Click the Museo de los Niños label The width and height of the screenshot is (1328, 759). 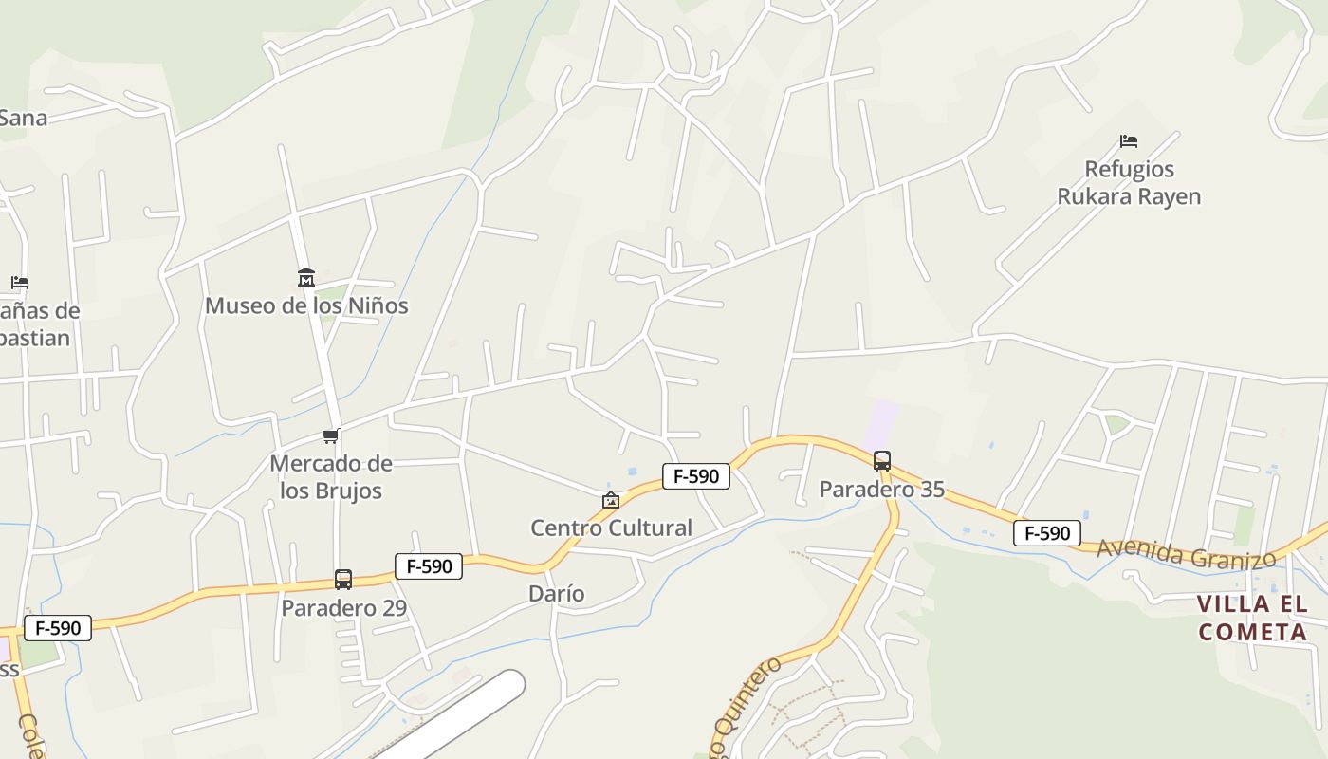click(x=306, y=305)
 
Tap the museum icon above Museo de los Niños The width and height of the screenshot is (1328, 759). click(x=306, y=277)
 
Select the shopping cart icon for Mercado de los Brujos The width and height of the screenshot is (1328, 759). click(x=330, y=435)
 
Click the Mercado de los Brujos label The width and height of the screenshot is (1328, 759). click(x=331, y=476)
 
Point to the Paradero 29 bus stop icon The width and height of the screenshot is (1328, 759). click(x=343, y=579)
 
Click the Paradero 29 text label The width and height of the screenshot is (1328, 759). click(x=343, y=607)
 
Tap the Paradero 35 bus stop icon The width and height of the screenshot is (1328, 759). click(x=882, y=461)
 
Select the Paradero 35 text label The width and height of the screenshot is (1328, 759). click(x=882, y=490)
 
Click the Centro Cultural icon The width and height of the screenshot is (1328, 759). click(x=611, y=500)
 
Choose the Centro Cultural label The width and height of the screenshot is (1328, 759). click(x=611, y=528)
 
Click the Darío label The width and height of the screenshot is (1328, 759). click(x=556, y=594)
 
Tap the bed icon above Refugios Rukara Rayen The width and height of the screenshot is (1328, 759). click(x=1129, y=141)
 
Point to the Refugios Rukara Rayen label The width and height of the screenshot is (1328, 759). click(x=1129, y=183)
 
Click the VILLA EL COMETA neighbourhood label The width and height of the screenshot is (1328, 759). click(x=1252, y=618)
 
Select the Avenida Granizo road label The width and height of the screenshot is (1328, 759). click(x=1186, y=554)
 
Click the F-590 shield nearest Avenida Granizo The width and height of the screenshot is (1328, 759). click(x=1047, y=533)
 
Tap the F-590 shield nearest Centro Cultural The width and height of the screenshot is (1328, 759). click(x=696, y=476)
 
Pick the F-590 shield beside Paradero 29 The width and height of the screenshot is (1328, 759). click(x=429, y=566)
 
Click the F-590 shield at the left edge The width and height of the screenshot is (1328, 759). click(x=58, y=628)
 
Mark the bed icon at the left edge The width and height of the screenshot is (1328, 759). click(x=20, y=283)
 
